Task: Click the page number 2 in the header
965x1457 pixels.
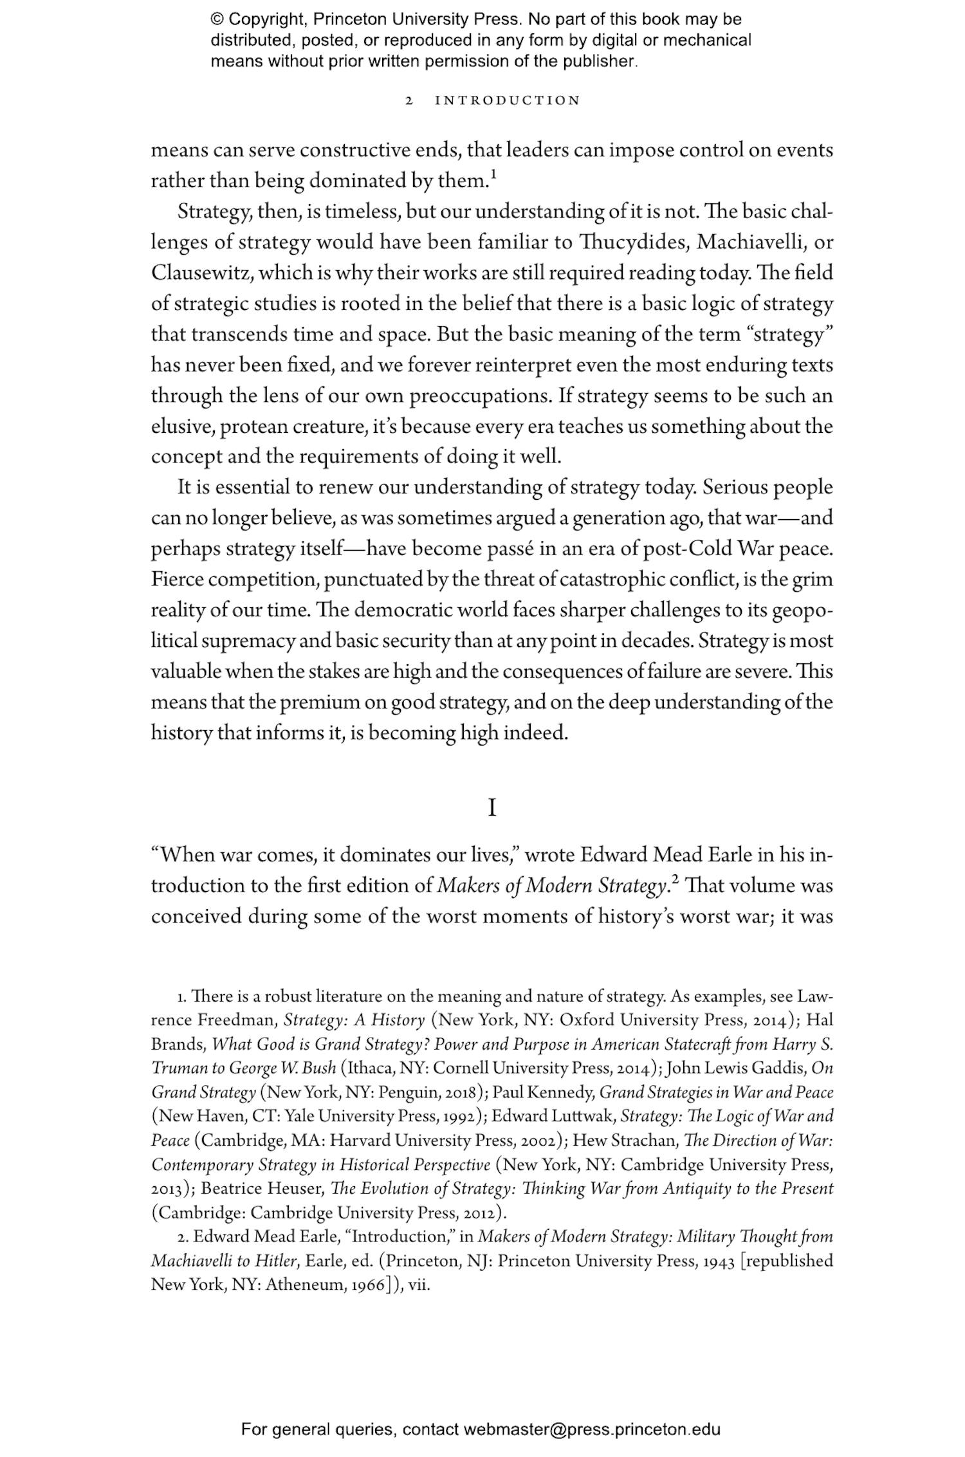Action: point(409,100)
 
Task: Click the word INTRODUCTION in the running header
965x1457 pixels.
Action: point(508,100)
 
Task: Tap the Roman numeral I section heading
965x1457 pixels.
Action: point(492,807)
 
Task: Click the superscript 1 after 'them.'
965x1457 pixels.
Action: point(493,174)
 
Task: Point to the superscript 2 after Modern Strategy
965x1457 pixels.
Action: point(675,879)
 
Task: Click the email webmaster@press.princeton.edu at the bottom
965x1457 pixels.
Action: point(591,1430)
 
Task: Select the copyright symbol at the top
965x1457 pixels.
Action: point(217,19)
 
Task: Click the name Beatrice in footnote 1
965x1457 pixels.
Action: point(231,1188)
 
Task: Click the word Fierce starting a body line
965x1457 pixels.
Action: point(177,579)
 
